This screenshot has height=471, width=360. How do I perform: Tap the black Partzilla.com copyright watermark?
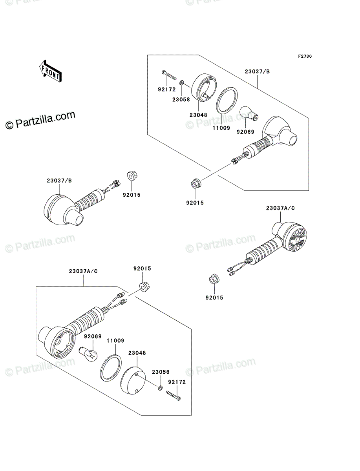pos(40,120)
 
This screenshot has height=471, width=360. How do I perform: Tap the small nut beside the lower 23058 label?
pos(160,388)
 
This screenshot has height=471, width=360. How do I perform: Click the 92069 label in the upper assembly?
pos(245,132)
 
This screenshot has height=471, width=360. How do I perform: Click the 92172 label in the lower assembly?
pos(176,381)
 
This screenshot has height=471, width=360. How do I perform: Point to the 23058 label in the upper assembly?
pos(181,99)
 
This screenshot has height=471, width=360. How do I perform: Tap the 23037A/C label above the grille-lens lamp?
pos(280,208)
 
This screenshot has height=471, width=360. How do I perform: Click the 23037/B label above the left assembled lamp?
pos(59,181)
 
